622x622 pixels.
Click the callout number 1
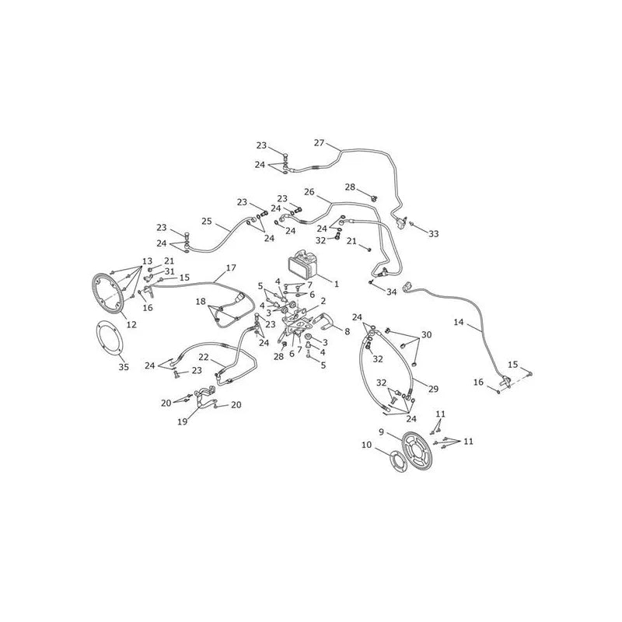pos(337,284)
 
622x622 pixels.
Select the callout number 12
pos(131,324)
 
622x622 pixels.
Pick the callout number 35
pos(124,367)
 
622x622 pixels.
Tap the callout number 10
pos(366,445)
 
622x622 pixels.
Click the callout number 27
pos(319,143)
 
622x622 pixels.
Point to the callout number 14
pos(458,322)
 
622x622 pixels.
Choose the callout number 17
pos(231,267)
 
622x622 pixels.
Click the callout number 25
pos(207,221)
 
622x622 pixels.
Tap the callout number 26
pos(309,192)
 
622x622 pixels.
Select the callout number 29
pos(433,389)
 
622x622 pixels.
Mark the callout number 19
pos(182,421)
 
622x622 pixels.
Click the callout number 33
pos(434,234)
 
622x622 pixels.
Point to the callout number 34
pos(392,292)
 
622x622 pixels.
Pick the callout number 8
pos(347,331)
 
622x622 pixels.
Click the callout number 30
pos(426,335)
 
